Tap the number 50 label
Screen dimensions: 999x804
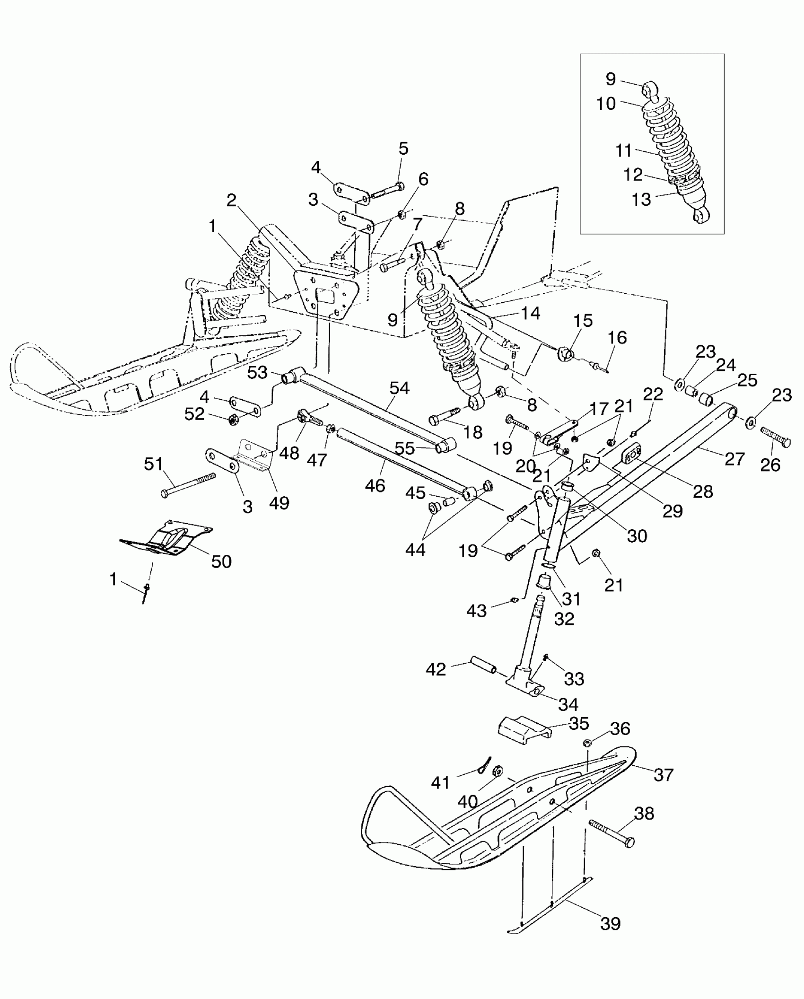[x=221, y=561]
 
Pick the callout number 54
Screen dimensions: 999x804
[x=399, y=388]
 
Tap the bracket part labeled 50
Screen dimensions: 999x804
[x=166, y=539]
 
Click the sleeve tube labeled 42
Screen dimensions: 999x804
[x=482, y=666]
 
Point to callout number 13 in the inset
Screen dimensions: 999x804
[x=641, y=200]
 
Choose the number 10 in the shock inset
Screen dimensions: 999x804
[x=606, y=103]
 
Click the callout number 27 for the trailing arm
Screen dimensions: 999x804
[x=734, y=458]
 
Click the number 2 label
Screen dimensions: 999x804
[x=231, y=201]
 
